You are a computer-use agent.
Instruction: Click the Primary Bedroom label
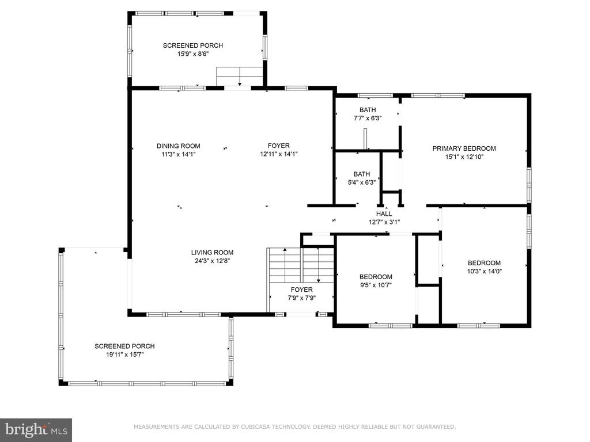pyautogui.click(x=464, y=148)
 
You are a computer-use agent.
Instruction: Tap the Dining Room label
pyautogui.click(x=179, y=146)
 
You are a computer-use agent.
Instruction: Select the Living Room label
pyautogui.click(x=212, y=253)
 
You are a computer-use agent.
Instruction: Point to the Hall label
pyautogui.click(x=384, y=214)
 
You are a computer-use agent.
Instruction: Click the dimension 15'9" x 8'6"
pyautogui.click(x=193, y=54)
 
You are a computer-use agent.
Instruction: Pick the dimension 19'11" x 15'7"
pyautogui.click(x=125, y=355)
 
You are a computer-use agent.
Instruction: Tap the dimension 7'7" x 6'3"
pyautogui.click(x=368, y=118)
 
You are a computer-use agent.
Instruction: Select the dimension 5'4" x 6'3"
pyautogui.click(x=362, y=182)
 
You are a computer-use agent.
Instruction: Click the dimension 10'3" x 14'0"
pyautogui.click(x=484, y=271)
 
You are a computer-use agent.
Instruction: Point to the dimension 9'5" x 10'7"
pyautogui.click(x=376, y=285)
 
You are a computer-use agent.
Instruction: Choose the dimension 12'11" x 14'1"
pyautogui.click(x=279, y=154)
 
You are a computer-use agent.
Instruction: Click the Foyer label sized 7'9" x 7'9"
pyautogui.click(x=301, y=290)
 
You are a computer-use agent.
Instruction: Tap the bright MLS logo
pyautogui.click(x=36, y=430)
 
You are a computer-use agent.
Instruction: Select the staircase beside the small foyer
pyautogui.click(x=300, y=265)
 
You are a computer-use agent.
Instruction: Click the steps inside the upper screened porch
pyautogui.click(x=239, y=77)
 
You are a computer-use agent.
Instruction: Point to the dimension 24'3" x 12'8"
pyautogui.click(x=212, y=261)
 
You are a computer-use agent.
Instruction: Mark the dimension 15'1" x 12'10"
pyautogui.click(x=464, y=157)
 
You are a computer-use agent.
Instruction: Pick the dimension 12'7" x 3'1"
pyautogui.click(x=384, y=222)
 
